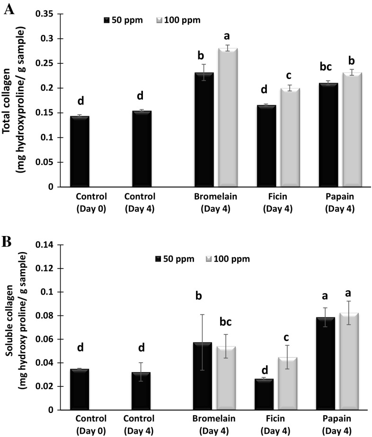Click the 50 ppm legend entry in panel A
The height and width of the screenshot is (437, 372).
click(121, 20)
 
